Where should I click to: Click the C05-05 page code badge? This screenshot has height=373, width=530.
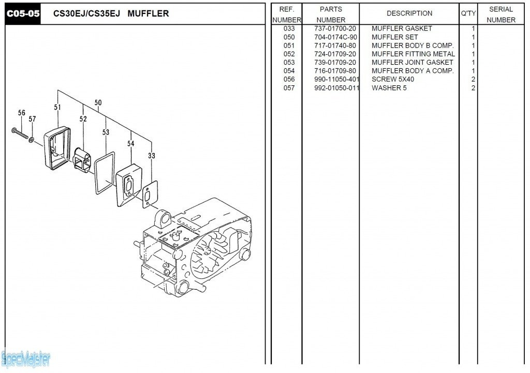pyautogui.click(x=23, y=13)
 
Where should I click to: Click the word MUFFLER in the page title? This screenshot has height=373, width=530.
pyautogui.click(x=148, y=13)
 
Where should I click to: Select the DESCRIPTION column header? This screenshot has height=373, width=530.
pyautogui.click(x=409, y=13)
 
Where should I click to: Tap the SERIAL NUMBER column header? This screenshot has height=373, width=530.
pyautogui.click(x=500, y=14)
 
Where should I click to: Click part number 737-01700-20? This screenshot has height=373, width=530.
pyautogui.click(x=335, y=28)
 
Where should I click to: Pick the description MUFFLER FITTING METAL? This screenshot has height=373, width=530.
pyautogui.click(x=413, y=54)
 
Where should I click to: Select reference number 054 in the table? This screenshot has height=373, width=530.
pyautogui.click(x=289, y=71)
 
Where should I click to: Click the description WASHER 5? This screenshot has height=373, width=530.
pyautogui.click(x=389, y=88)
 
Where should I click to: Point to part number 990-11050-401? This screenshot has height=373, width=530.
pyautogui.click(x=336, y=79)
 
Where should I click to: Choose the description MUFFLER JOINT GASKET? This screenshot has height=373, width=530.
pyautogui.click(x=412, y=63)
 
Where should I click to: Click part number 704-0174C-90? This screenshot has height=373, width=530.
pyautogui.click(x=335, y=37)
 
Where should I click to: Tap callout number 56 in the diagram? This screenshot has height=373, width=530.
pyautogui.click(x=21, y=113)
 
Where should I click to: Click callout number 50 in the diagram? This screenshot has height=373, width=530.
pyautogui.click(x=98, y=102)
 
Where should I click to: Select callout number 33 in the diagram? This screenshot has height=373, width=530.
pyautogui.click(x=151, y=156)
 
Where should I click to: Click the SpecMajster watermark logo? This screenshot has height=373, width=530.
pyautogui.click(x=26, y=358)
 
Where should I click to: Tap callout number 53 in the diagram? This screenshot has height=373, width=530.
pyautogui.click(x=106, y=132)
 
